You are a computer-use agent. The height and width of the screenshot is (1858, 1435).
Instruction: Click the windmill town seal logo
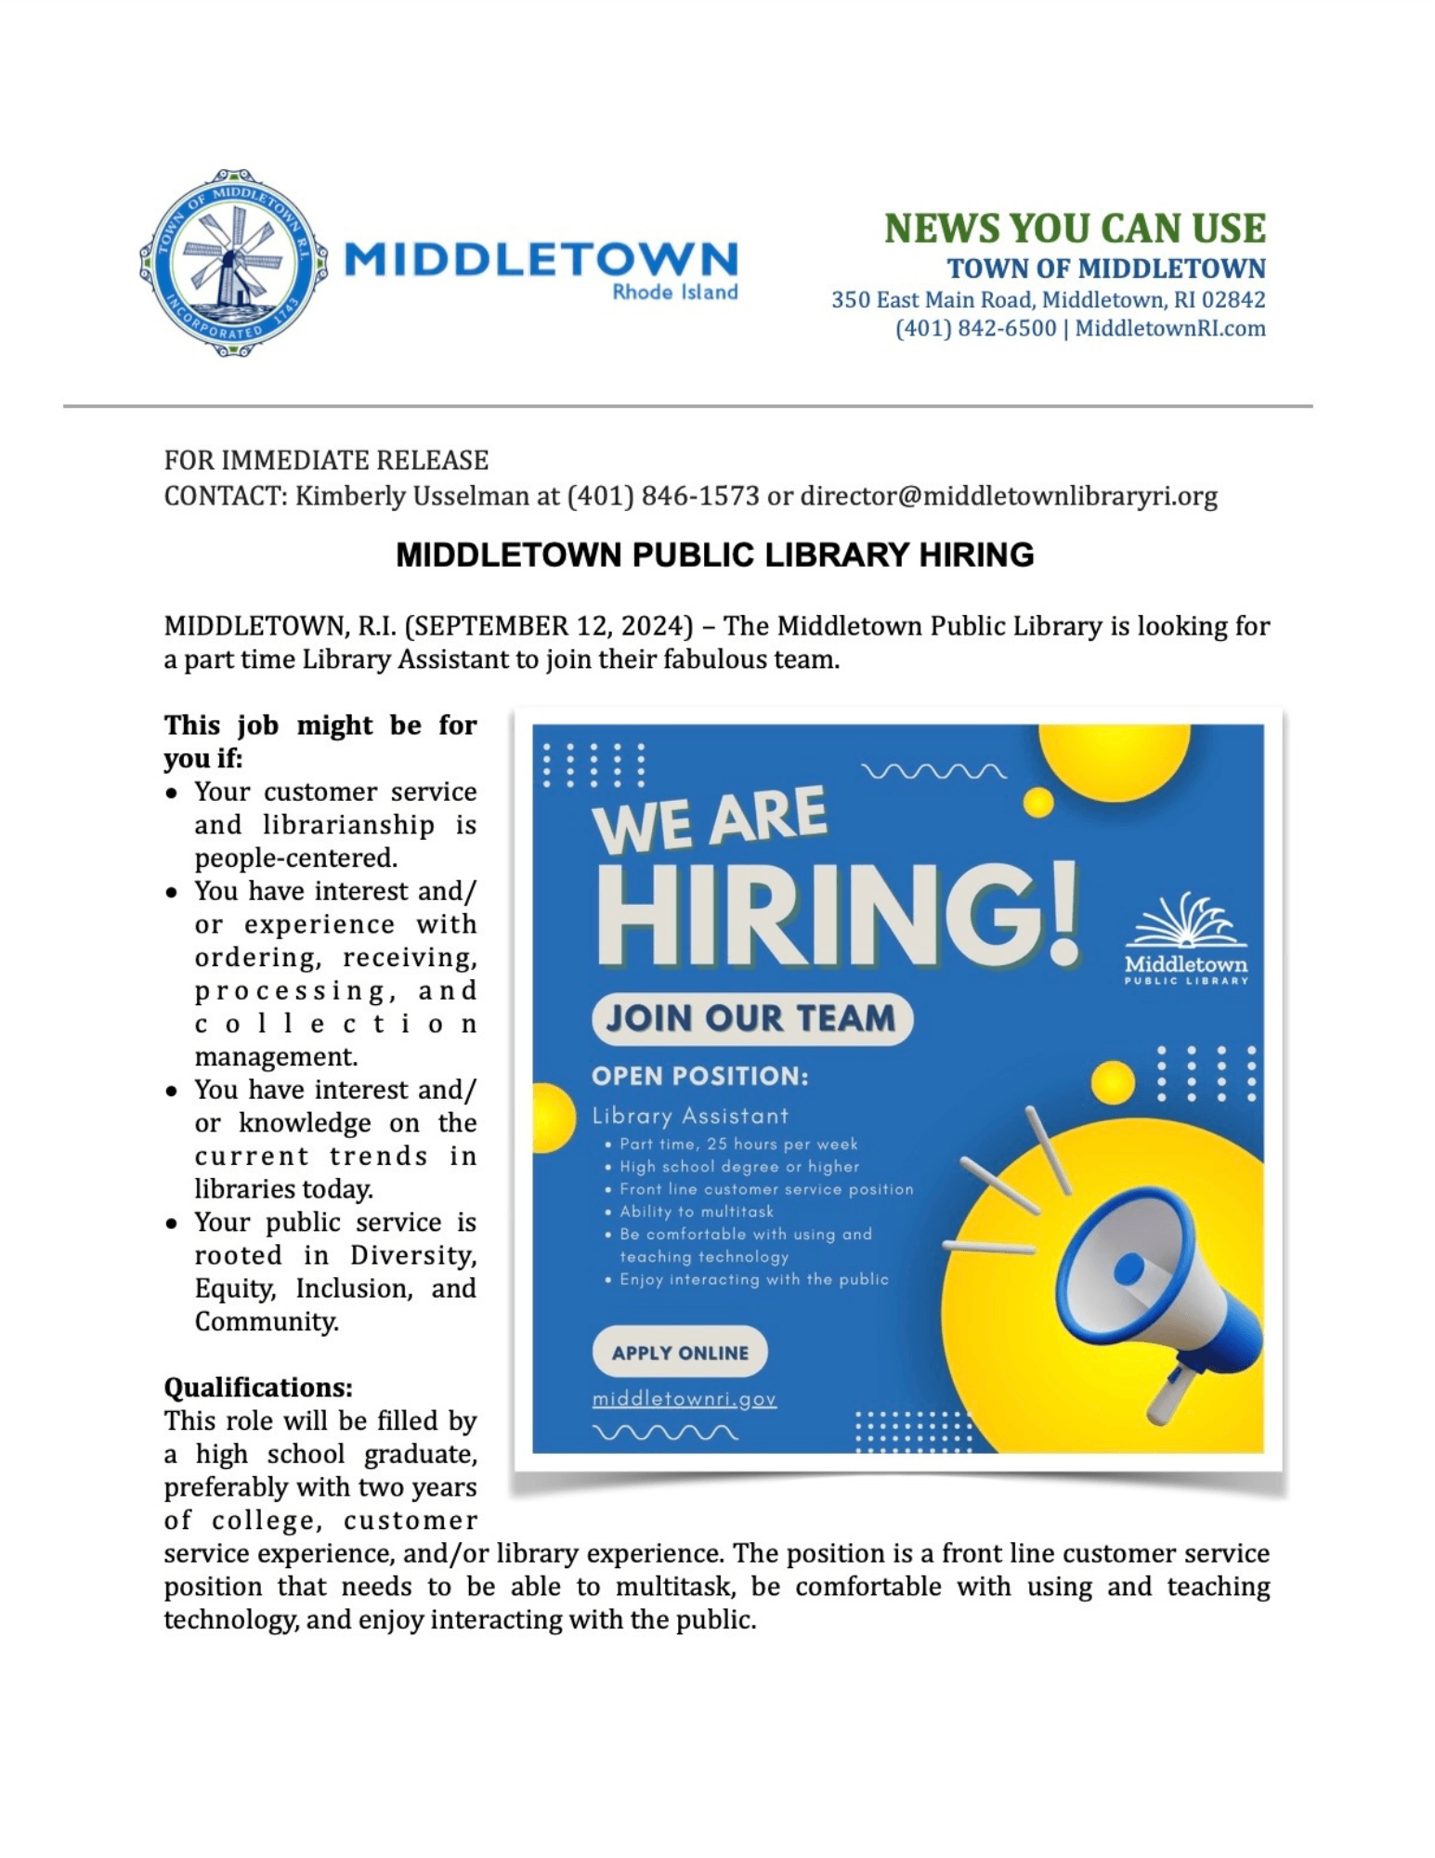click(232, 263)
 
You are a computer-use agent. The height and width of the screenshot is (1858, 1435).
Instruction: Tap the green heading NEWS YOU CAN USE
click(1074, 229)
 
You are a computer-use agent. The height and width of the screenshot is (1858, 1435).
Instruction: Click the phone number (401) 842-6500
click(974, 329)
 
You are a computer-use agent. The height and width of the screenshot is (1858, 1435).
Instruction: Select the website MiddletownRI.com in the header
click(1169, 329)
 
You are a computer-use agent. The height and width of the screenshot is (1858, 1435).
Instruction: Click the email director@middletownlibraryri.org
click(1008, 496)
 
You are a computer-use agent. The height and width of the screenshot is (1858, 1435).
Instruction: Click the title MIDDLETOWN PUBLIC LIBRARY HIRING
click(714, 555)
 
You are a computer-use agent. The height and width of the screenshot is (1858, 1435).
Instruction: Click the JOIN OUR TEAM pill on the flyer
click(751, 1018)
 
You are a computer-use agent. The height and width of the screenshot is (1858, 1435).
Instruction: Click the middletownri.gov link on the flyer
click(684, 1398)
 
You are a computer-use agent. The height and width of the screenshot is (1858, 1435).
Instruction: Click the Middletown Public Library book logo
click(1185, 938)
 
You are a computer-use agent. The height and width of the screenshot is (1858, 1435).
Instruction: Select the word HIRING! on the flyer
click(836, 915)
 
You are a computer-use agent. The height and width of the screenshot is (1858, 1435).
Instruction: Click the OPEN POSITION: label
click(699, 1076)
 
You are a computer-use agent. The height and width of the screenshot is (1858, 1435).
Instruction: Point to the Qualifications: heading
click(258, 1387)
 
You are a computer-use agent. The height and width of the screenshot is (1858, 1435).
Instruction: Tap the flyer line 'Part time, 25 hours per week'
click(737, 1144)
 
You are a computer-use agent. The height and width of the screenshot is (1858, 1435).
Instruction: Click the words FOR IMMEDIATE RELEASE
click(326, 461)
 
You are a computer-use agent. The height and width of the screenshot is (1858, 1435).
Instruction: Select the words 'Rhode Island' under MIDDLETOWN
click(674, 292)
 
